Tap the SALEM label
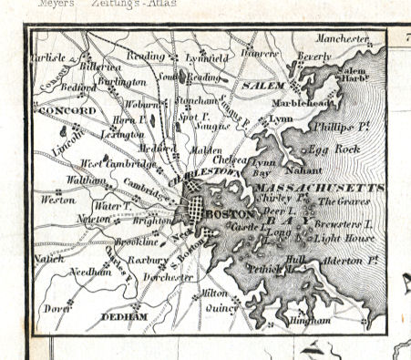point(263,85)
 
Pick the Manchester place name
point(343,38)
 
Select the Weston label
point(58,198)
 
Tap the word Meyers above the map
point(57,4)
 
